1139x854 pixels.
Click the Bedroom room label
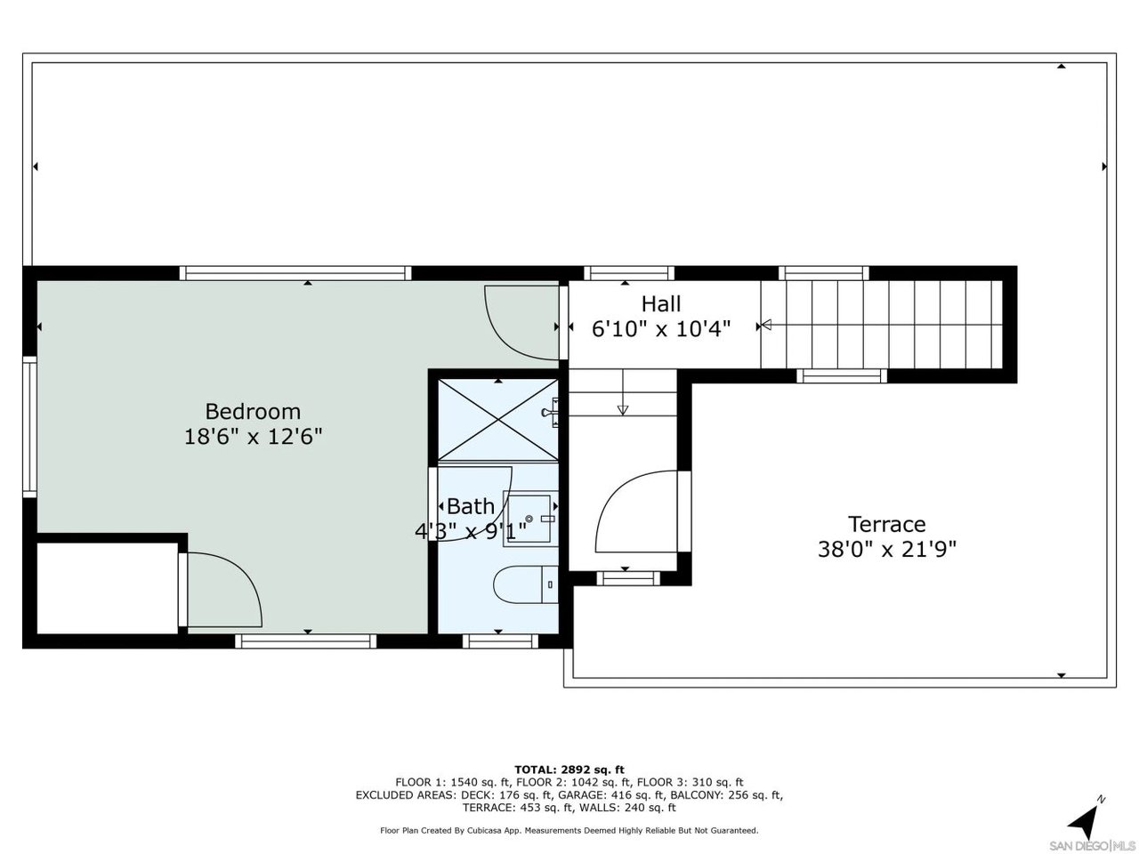coord(253,412)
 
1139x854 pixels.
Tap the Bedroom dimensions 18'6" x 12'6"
coord(254,437)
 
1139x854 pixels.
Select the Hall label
coord(660,304)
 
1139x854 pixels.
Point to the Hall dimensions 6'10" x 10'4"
coord(661,329)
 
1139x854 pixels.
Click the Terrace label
coord(886,524)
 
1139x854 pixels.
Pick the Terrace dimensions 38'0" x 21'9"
coord(886,549)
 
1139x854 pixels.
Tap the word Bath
coord(470,506)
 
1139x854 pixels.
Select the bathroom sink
coord(529,519)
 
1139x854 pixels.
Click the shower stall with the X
coord(498,420)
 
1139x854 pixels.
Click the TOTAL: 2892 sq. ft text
coord(569,769)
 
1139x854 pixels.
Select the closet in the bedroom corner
coord(108,588)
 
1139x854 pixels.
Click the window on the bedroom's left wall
coord(29,426)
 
